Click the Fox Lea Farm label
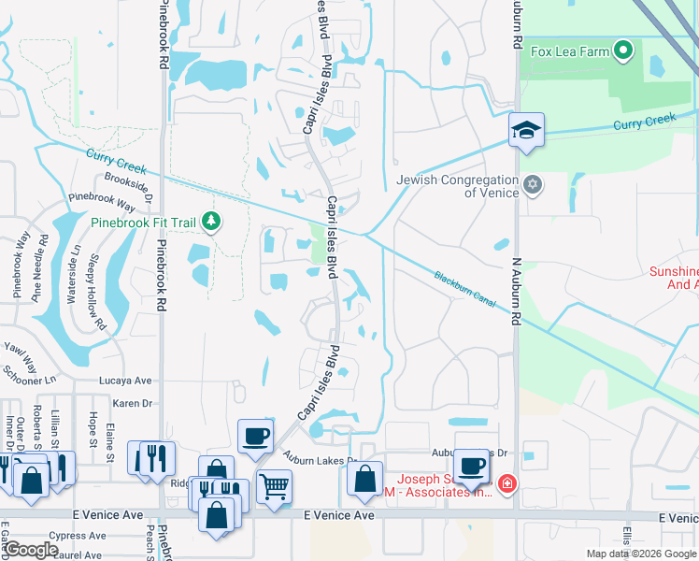[570, 51]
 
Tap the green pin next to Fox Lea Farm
[624, 51]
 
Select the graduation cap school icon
[526, 130]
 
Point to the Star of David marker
[533, 183]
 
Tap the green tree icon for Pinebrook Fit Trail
[212, 221]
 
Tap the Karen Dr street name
[132, 403]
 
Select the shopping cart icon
[273, 486]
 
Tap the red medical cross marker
[506, 483]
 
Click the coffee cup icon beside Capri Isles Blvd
[254, 436]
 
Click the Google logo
[30, 550]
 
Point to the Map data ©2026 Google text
[640, 554]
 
